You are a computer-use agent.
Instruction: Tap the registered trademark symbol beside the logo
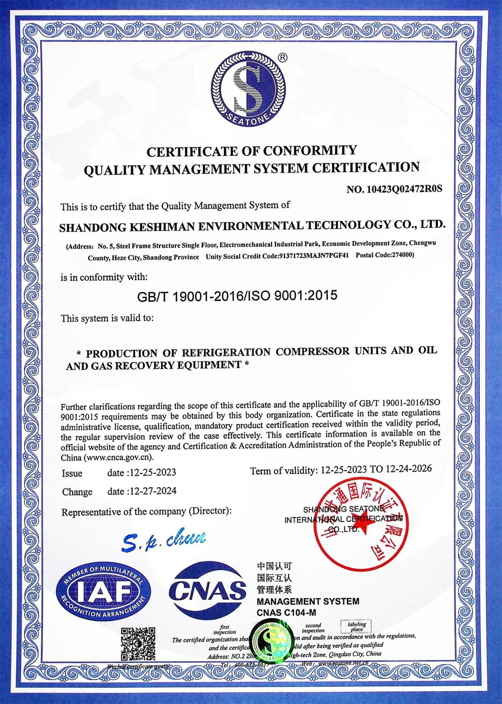[x=283, y=58]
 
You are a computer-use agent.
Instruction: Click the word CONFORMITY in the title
[x=309, y=150]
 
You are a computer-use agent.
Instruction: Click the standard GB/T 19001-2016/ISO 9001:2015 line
[x=237, y=296]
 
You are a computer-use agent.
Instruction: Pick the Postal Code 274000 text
[x=385, y=255]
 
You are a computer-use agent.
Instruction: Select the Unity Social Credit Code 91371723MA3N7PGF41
[x=314, y=256]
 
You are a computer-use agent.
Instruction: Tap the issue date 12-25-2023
[x=153, y=472]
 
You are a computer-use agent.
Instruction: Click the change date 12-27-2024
[x=153, y=491]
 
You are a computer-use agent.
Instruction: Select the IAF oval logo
[x=104, y=592]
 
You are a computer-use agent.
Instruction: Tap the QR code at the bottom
[x=138, y=644]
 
